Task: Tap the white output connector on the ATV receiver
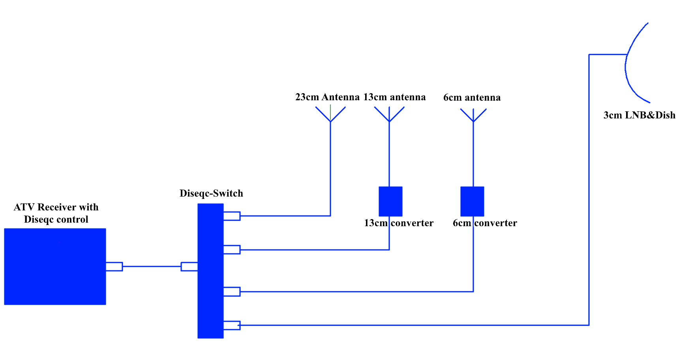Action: coord(114,267)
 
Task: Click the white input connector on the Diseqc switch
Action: coord(189,267)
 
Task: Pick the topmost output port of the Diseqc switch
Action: coord(232,216)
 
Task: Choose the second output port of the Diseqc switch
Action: coord(232,249)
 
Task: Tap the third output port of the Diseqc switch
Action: coord(232,292)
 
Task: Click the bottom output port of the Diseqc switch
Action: coord(232,326)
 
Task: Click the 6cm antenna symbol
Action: coord(473,114)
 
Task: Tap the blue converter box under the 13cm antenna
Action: coord(390,201)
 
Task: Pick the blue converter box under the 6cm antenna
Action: coord(472,201)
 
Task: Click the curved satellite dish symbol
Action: coord(634,63)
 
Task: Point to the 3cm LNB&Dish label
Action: coord(639,115)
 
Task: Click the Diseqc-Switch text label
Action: coord(211,193)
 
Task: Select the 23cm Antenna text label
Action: coord(327,97)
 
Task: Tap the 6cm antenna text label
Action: coord(472,97)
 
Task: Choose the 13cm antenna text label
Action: coord(394,97)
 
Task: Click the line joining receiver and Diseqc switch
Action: coord(152,267)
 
